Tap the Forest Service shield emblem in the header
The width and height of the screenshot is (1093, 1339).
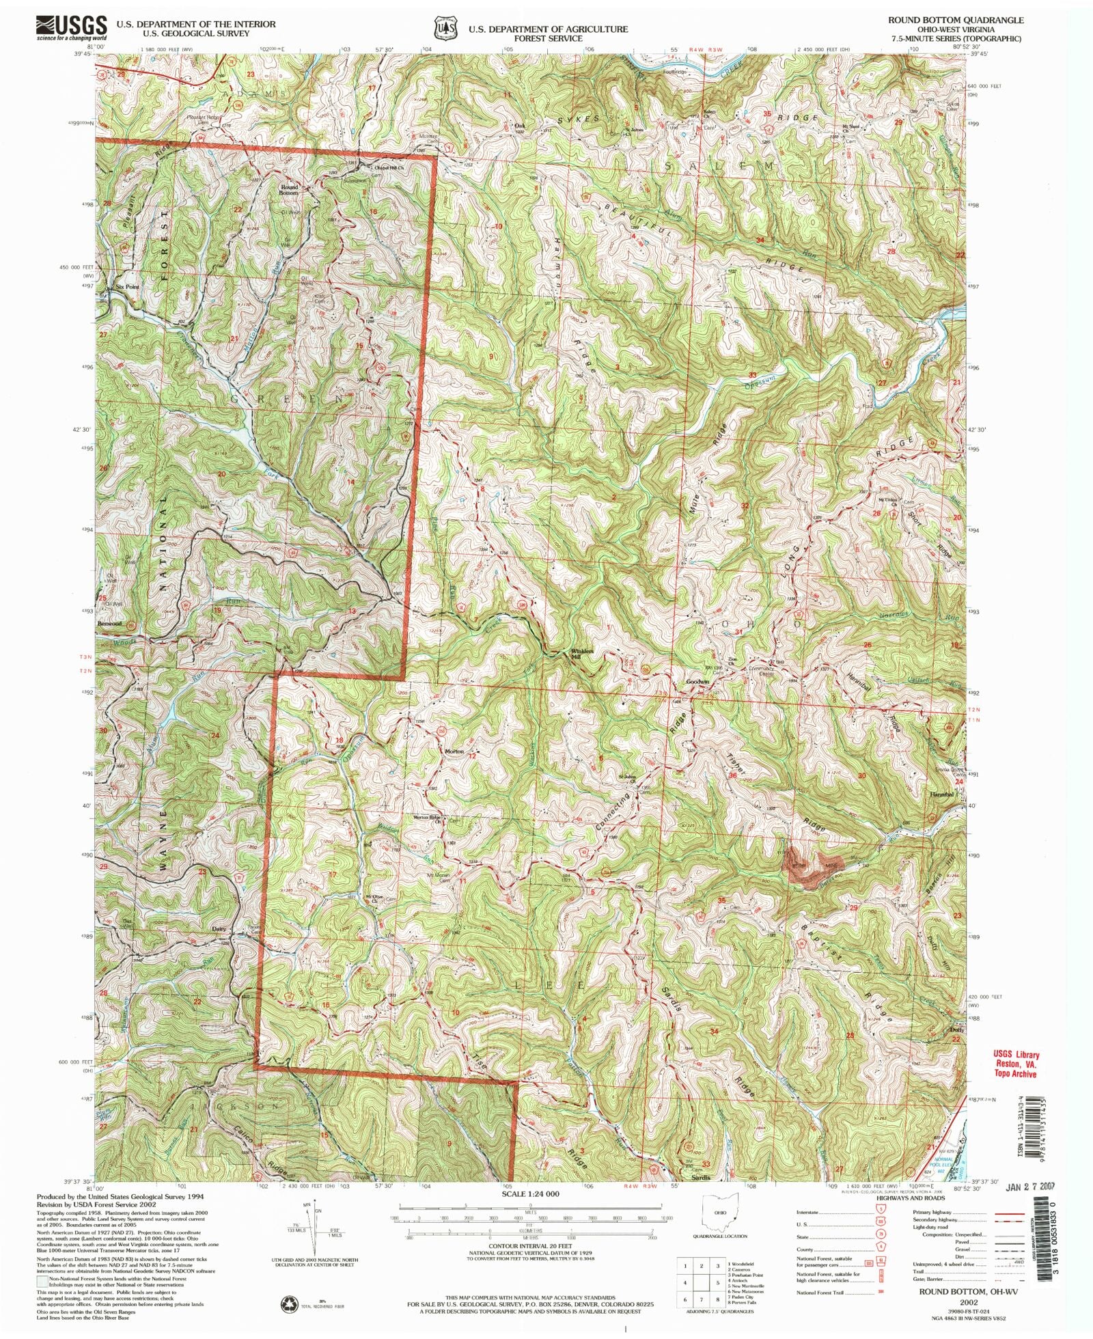click(x=448, y=29)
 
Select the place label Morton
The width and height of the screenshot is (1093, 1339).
click(x=454, y=751)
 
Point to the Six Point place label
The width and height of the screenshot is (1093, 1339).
click(x=127, y=287)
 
